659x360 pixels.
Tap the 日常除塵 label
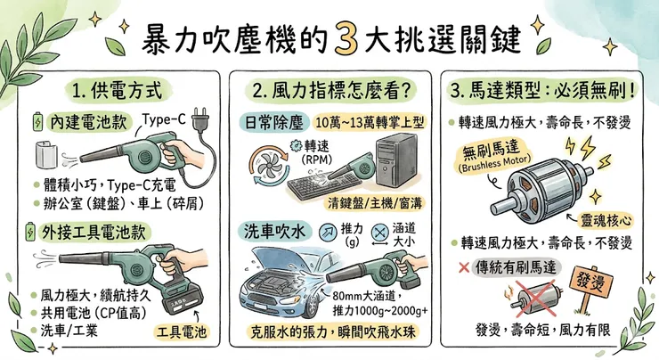pos(267,119)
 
